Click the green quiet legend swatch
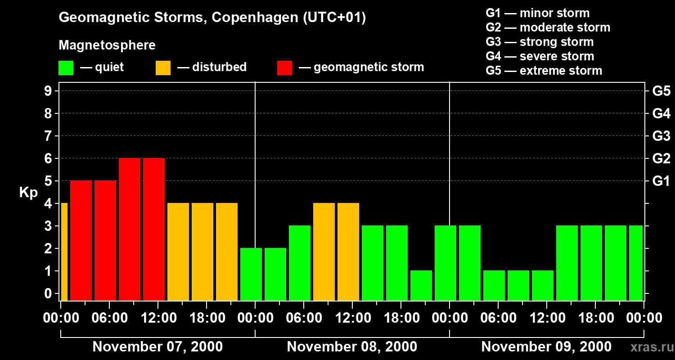tap(66, 68)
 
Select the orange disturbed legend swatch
tap(163, 68)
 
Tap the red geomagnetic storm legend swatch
tap(284, 68)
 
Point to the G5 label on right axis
tap(661, 91)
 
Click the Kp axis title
tap(28, 193)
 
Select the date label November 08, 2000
tap(351, 347)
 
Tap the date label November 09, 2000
tap(546, 347)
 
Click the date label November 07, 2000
tap(157, 347)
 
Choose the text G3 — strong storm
tap(540, 42)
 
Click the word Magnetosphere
tap(107, 45)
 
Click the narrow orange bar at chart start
tap(64, 252)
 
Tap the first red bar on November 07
tap(81, 241)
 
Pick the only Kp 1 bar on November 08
tap(421, 286)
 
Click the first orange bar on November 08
tap(324, 252)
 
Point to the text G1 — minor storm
tap(537, 13)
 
